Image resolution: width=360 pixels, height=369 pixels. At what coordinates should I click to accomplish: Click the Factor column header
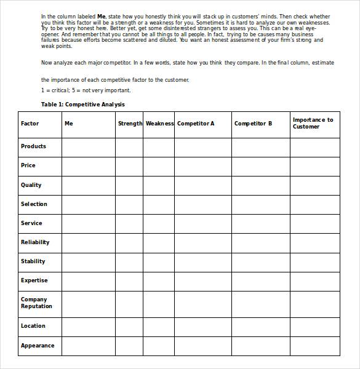pyautogui.click(x=30, y=124)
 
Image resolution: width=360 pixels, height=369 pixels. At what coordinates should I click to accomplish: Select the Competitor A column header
pyautogui.click(x=196, y=124)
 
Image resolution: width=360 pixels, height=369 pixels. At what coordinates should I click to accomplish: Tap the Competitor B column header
pyautogui.click(x=253, y=124)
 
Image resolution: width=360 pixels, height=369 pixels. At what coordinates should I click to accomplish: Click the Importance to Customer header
pyautogui.click(x=313, y=123)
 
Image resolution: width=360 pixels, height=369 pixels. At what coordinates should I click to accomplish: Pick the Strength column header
pyautogui.click(x=130, y=124)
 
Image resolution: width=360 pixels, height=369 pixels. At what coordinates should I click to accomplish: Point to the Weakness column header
pyautogui.click(x=159, y=124)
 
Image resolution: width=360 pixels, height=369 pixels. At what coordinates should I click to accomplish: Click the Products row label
pyautogui.click(x=33, y=146)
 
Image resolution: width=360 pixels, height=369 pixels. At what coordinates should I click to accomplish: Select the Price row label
pyautogui.click(x=28, y=165)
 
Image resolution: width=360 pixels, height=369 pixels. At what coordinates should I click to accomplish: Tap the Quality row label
pyautogui.click(x=31, y=185)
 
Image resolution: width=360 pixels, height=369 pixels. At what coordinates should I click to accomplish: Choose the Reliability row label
pyautogui.click(x=35, y=242)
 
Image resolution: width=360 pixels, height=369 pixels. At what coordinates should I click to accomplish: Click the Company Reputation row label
pyautogui.click(x=36, y=303)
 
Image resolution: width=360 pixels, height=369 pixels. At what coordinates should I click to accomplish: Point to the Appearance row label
pyautogui.click(x=38, y=346)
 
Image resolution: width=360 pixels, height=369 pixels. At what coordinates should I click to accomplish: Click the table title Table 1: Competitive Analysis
pyautogui.click(x=82, y=105)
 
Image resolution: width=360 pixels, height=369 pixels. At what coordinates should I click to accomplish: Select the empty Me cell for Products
pyautogui.click(x=88, y=147)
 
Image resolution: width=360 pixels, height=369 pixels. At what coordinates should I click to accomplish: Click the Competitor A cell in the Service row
pyautogui.click(x=203, y=223)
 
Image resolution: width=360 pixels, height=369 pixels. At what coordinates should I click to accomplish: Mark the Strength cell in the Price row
pyautogui.click(x=129, y=166)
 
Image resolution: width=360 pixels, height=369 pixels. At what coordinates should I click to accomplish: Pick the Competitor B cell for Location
pyautogui.click(x=261, y=327)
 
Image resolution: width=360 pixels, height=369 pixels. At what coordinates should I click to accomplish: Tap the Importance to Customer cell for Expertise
pyautogui.click(x=314, y=280)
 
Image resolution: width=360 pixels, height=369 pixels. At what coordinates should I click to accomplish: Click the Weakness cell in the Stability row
pyautogui.click(x=159, y=261)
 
